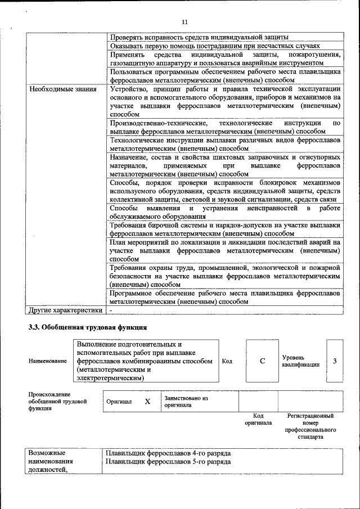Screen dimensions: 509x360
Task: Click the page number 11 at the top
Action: (x=184, y=22)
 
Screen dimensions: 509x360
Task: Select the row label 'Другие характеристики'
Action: (x=65, y=310)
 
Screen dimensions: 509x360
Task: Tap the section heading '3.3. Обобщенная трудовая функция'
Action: (x=88, y=327)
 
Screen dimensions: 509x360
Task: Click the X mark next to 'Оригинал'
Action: (x=147, y=402)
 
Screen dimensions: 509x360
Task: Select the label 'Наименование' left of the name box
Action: (x=48, y=361)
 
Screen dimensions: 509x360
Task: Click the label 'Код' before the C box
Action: (x=227, y=361)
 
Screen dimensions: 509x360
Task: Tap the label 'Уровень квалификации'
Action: (x=301, y=361)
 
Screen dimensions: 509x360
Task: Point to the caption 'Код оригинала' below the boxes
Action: (x=258, y=419)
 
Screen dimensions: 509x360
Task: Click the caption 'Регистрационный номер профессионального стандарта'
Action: (x=310, y=426)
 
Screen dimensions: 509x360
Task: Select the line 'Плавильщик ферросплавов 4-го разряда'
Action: (x=168, y=453)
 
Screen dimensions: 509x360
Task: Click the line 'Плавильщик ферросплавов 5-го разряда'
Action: (x=168, y=462)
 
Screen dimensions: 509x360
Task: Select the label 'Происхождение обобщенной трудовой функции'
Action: (x=57, y=402)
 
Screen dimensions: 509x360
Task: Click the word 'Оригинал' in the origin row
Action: (x=119, y=402)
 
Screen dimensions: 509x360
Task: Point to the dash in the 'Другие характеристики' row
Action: (x=111, y=310)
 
